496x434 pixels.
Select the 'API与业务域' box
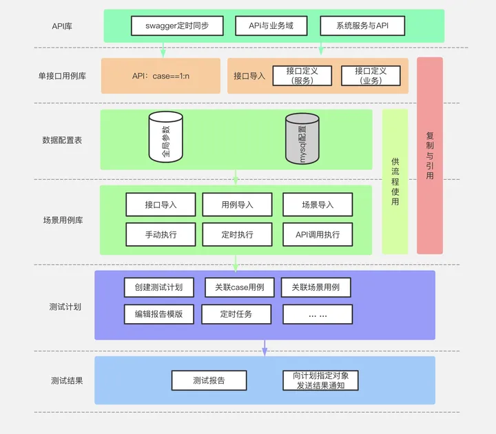[x=270, y=26]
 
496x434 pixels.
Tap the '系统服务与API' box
[x=362, y=26]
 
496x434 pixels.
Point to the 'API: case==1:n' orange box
[x=161, y=76]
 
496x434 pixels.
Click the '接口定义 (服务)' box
[x=302, y=76]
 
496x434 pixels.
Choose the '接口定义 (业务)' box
[x=371, y=76]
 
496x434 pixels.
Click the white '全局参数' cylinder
[x=166, y=138]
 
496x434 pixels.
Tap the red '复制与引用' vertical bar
[x=430, y=156]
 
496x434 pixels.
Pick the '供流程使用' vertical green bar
[x=395, y=181]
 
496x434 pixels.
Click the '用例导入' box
[x=237, y=205]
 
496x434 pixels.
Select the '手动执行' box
[x=161, y=235]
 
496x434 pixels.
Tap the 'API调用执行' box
[x=318, y=235]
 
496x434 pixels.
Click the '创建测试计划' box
[x=161, y=287]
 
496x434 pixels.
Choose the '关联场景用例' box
[x=316, y=287]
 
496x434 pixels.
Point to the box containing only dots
[x=318, y=315]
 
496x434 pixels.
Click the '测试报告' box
[x=209, y=380]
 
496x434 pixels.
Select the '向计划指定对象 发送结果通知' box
[x=321, y=380]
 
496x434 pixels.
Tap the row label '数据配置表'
[x=62, y=140]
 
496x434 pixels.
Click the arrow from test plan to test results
[x=265, y=348]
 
